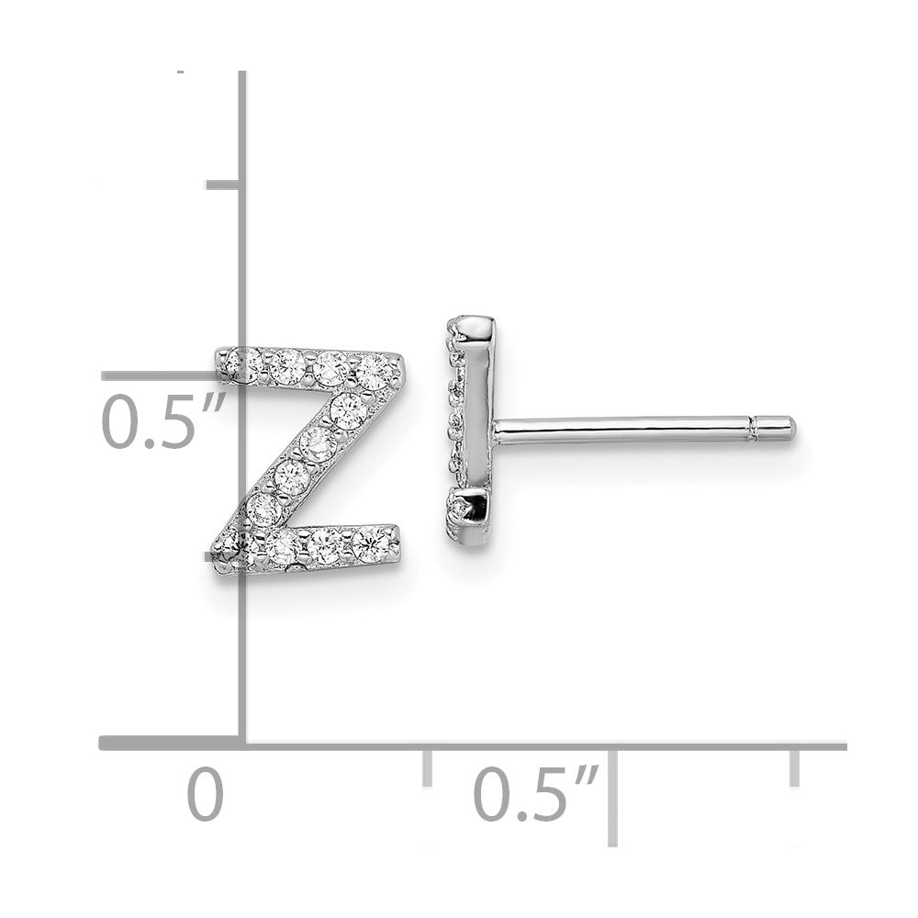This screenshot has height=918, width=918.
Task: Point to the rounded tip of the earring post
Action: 788,428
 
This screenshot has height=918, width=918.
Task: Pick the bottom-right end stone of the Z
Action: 373,543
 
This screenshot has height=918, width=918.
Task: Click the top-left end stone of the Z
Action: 243,364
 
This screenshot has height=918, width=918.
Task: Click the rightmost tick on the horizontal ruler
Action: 794,767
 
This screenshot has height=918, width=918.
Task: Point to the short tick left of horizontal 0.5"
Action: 427,767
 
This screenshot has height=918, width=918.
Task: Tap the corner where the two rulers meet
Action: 242,743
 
